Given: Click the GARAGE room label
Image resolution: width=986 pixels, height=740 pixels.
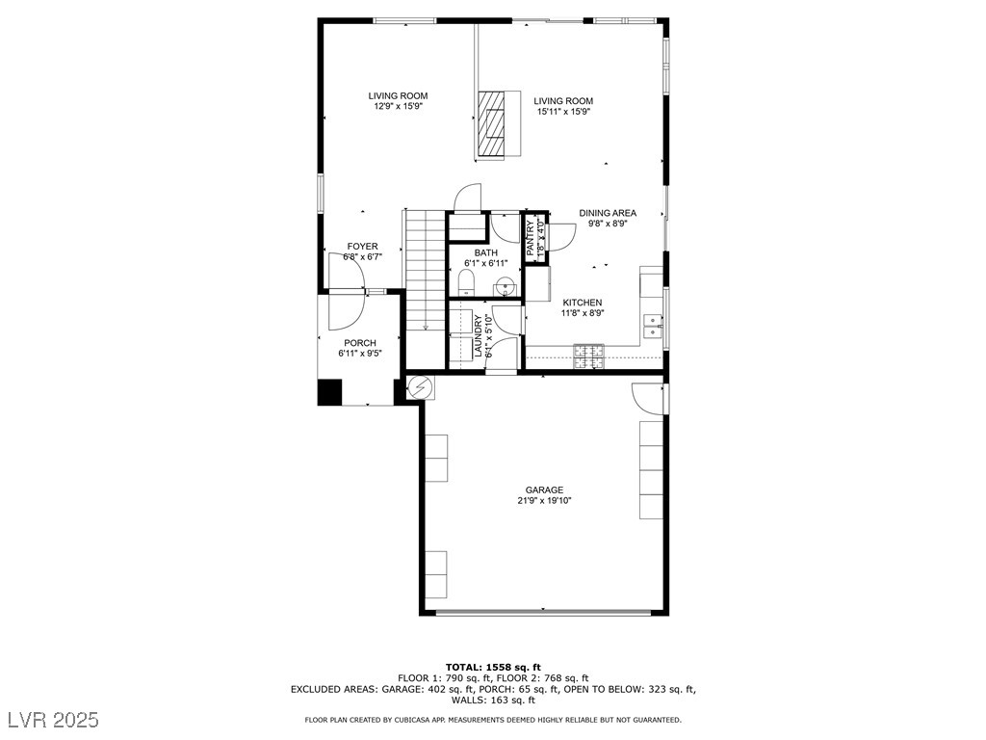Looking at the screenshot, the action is click(x=544, y=490).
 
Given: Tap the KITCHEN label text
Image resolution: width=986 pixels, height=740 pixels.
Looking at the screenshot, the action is click(x=582, y=303).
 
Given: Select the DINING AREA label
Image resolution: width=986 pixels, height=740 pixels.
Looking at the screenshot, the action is click(x=608, y=213).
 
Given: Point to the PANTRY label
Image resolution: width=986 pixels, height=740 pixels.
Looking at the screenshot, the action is click(x=531, y=237).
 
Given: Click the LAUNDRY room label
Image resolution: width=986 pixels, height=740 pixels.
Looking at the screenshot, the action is click(x=478, y=335).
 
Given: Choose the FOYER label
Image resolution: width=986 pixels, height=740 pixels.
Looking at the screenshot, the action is click(x=363, y=246).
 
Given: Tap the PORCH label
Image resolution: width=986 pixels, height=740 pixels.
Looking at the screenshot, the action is click(x=360, y=343).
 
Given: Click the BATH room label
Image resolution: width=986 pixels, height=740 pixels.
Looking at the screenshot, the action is click(x=486, y=253).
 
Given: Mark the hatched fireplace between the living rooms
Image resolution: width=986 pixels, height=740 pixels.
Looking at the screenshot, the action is click(x=492, y=123).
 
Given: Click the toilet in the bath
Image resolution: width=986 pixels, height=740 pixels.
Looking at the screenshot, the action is click(x=467, y=282).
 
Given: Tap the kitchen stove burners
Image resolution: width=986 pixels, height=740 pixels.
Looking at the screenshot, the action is click(x=588, y=357).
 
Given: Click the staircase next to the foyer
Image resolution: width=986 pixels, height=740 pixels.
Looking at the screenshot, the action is click(x=426, y=289).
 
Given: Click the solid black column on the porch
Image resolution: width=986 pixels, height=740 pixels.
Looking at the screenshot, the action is click(x=329, y=392).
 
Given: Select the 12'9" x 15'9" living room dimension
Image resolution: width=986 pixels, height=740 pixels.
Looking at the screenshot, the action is click(x=398, y=106).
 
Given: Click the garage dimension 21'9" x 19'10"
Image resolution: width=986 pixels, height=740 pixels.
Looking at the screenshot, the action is click(x=544, y=501).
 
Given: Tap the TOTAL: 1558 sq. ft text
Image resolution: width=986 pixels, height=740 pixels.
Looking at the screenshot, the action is click(x=493, y=667).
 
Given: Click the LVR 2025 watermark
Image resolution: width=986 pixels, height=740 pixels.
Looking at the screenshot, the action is click(x=54, y=719).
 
